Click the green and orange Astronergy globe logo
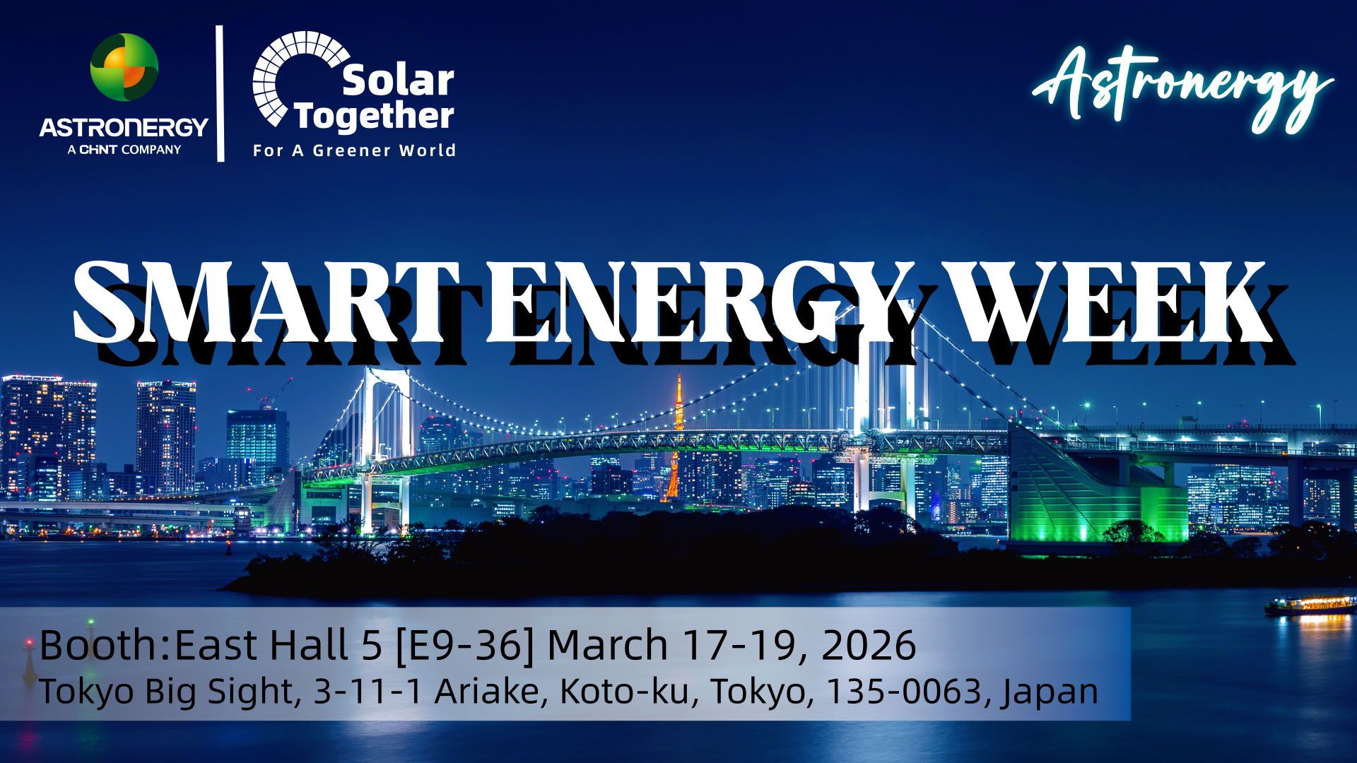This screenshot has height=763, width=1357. click(x=124, y=67)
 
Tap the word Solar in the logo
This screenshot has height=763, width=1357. click(x=398, y=81)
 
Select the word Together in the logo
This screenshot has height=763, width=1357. click(x=374, y=117)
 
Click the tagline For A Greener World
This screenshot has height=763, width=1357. click(x=354, y=150)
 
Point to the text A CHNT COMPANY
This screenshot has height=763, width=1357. click(x=124, y=150)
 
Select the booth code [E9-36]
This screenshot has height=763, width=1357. click(x=464, y=646)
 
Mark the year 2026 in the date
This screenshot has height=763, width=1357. click(x=869, y=646)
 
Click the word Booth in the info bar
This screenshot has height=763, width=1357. click(x=98, y=644)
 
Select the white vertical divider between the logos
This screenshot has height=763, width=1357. click(x=220, y=93)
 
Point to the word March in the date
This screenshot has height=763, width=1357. click(x=607, y=646)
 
